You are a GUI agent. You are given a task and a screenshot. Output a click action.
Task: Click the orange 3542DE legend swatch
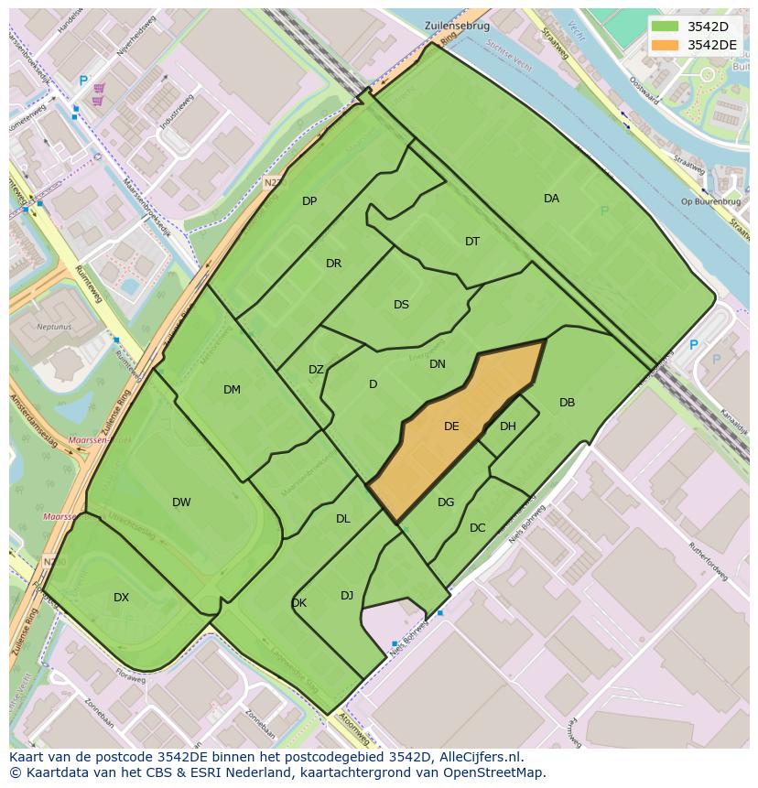pyautogui.click(x=666, y=45)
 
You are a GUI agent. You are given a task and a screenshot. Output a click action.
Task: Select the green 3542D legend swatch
pyautogui.click(x=666, y=27)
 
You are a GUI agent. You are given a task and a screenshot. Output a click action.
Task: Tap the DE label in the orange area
pyautogui.click(x=451, y=426)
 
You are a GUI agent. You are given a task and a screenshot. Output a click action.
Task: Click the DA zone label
pyautogui.click(x=551, y=199)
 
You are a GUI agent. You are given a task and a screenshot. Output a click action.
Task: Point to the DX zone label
pyautogui.click(x=121, y=598)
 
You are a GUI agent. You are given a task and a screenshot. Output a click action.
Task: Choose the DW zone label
pyautogui.click(x=181, y=502)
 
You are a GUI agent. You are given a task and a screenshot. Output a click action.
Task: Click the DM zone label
pyautogui.click(x=232, y=390)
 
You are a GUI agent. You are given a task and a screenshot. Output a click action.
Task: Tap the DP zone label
pyautogui.click(x=309, y=201)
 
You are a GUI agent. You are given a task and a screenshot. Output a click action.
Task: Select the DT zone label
pyautogui.click(x=472, y=242)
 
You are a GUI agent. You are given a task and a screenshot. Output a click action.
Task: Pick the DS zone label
pyautogui.click(x=401, y=305)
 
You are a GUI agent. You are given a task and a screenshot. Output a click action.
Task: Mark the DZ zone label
pyautogui.click(x=316, y=370)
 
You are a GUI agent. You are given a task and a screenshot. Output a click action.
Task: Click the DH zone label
pyautogui.click(x=508, y=426)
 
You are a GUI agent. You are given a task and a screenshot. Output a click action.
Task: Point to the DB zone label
pyautogui.click(x=567, y=403)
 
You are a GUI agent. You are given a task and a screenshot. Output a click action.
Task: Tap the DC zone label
pyautogui.click(x=477, y=528)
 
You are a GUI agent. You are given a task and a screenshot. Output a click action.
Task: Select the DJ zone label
pyautogui.click(x=347, y=596)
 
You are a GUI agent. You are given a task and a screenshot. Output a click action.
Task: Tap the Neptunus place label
pyautogui.click(x=54, y=326)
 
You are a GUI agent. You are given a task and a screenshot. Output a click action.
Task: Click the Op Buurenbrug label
pyautogui.click(x=704, y=200)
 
